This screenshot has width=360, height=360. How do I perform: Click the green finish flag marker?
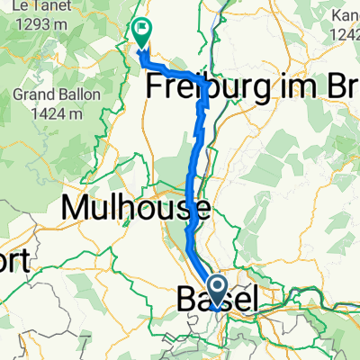click(142, 33)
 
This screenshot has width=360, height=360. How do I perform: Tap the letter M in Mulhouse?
click(75, 209)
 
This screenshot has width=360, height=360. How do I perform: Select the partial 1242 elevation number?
click(346, 34)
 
